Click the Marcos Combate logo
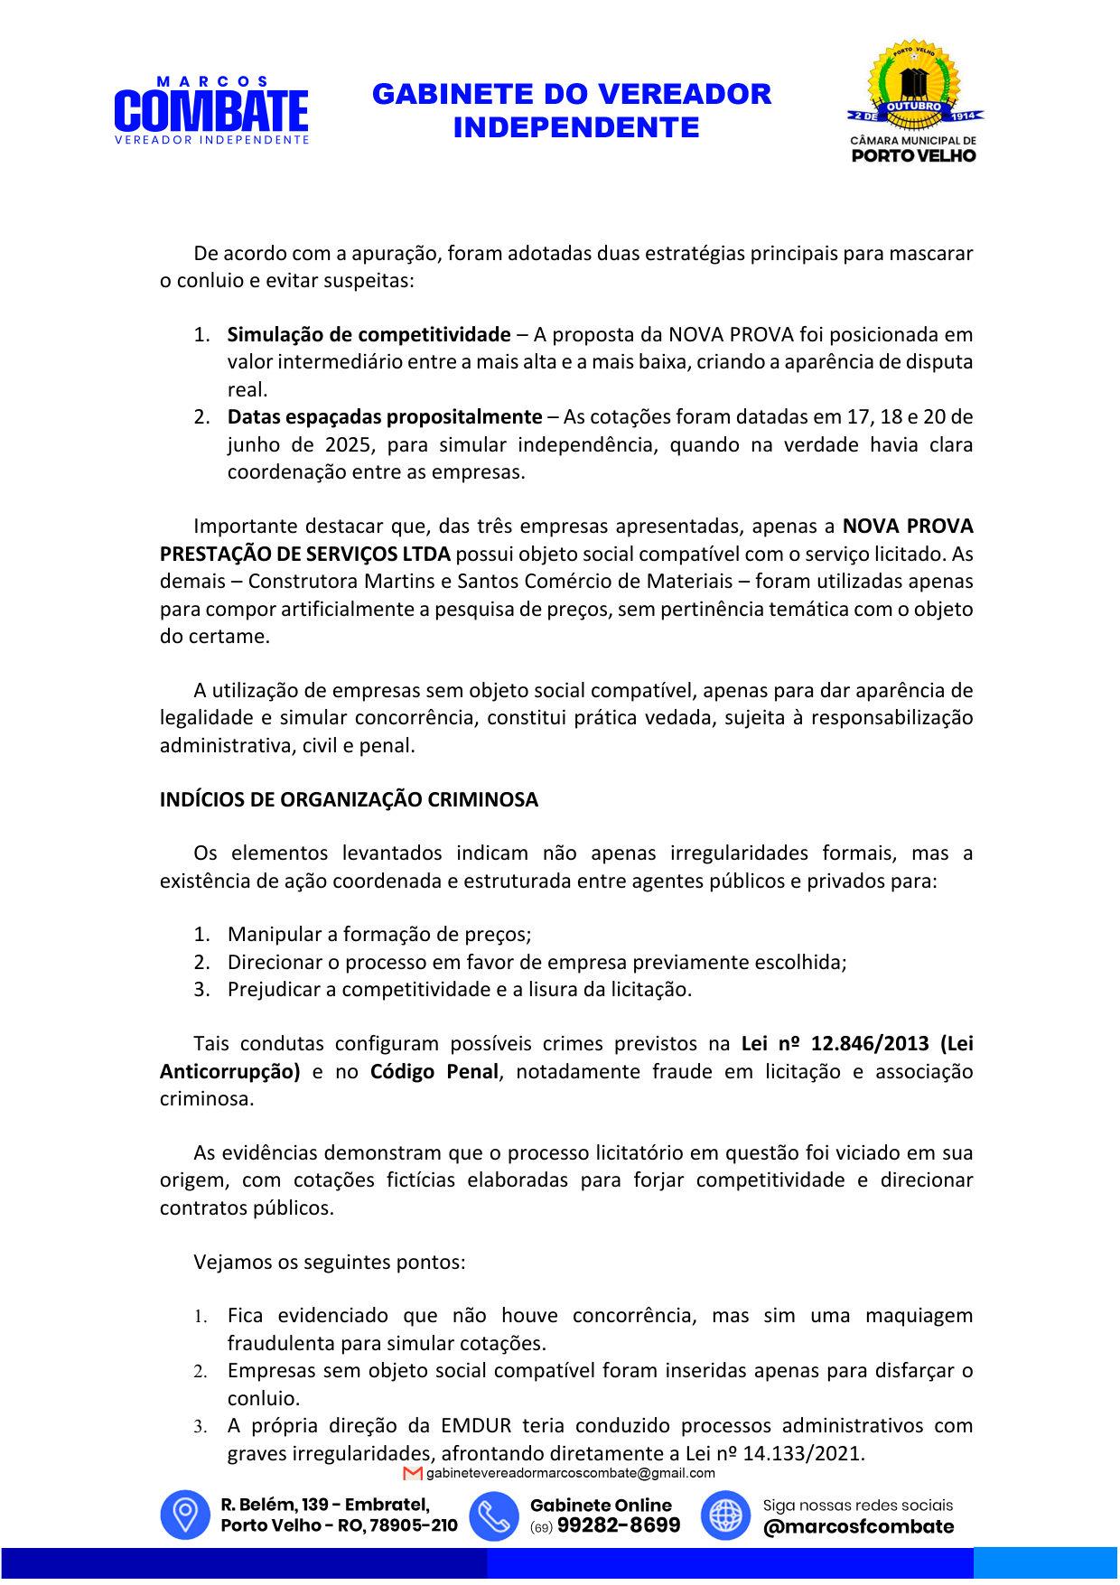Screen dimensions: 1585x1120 pyautogui.click(x=211, y=111)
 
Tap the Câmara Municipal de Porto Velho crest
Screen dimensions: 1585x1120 pyautogui.click(x=914, y=101)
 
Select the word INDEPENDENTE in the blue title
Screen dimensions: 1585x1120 pyautogui.click(x=576, y=128)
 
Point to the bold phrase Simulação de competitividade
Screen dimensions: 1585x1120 pyautogui.click(x=369, y=335)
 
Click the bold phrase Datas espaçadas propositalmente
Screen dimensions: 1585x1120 pyautogui.click(x=385, y=417)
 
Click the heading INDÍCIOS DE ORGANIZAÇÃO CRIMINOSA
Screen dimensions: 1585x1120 pyautogui.click(x=349, y=800)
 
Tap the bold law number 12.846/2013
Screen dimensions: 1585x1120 pyautogui.click(x=870, y=1044)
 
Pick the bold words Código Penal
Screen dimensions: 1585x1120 pyautogui.click(x=434, y=1072)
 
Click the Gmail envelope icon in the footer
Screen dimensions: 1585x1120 pyautogui.click(x=414, y=1474)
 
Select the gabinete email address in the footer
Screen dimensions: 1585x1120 pyautogui.click(x=570, y=1474)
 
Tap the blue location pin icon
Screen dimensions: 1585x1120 pyautogui.click(x=185, y=1515)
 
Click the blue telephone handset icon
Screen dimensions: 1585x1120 pyautogui.click(x=494, y=1515)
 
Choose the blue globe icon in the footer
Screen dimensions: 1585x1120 pyautogui.click(x=725, y=1515)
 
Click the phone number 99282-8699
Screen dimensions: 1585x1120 pyautogui.click(x=619, y=1526)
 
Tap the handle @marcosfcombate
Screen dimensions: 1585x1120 pyautogui.click(x=858, y=1527)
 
